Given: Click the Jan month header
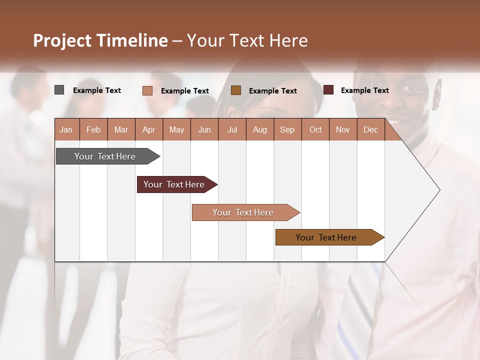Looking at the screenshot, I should (x=66, y=130).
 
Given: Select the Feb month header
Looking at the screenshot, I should (x=93, y=130).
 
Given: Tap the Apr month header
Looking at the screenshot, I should (x=148, y=130).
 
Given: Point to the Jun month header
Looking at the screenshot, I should (x=204, y=130).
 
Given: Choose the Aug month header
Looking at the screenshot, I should (x=260, y=130).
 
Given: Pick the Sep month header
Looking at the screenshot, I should (x=287, y=130).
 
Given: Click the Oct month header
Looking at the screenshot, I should (x=315, y=130).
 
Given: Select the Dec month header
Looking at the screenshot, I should (x=371, y=130).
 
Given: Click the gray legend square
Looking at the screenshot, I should (x=59, y=90).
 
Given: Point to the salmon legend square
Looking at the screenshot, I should (x=147, y=90).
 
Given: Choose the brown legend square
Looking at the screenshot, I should (x=236, y=90).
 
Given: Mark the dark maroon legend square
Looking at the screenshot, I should (x=328, y=90).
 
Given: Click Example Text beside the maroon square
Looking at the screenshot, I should (x=364, y=90).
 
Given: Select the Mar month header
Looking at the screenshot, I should (x=121, y=130).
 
